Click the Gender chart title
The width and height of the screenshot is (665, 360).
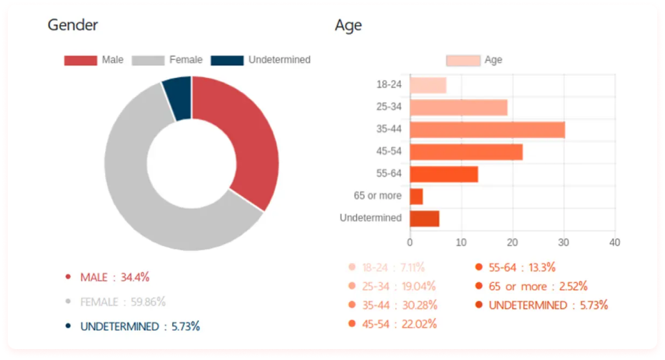[73, 25]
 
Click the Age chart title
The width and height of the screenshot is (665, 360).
[348, 25]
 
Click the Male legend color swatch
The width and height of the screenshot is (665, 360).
[80, 60]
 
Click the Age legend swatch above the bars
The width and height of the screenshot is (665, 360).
[462, 60]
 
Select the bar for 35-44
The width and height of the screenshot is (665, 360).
[486, 129]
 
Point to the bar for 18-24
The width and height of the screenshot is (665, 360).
[428, 85]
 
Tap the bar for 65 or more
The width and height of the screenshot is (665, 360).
[416, 196]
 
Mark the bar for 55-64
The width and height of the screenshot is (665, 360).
[444, 174]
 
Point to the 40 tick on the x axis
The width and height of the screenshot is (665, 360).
[614, 242]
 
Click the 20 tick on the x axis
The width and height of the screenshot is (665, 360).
[512, 242]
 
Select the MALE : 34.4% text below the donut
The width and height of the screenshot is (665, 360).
[115, 277]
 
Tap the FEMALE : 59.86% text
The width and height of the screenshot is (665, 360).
[122, 302]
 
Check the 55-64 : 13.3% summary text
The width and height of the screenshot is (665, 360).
[522, 267]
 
